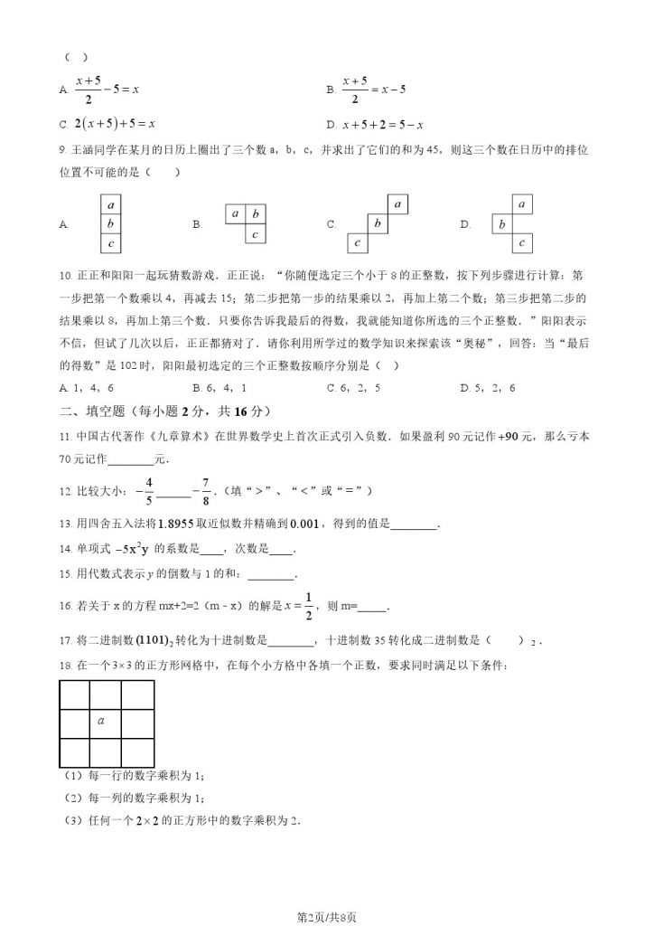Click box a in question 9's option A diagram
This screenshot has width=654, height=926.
pos(110,205)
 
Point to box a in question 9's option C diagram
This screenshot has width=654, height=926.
pos(397,203)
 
